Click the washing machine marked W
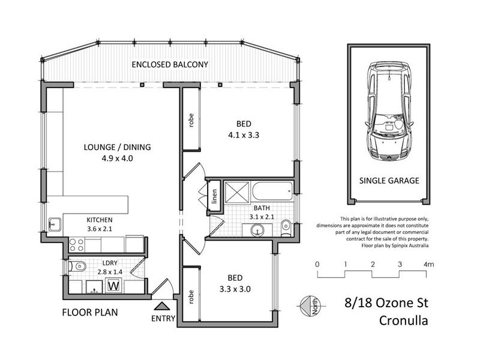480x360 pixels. [112, 286]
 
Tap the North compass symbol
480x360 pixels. [310, 305]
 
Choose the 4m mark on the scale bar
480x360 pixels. [428, 264]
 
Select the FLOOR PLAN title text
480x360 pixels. [90, 312]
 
